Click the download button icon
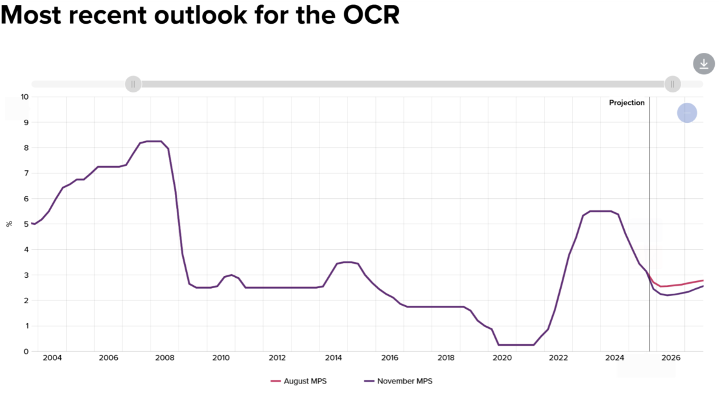point(704,64)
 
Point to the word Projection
point(627,103)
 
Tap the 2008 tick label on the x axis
point(165,357)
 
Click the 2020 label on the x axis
point(502,357)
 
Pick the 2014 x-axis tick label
point(333,357)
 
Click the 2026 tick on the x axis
point(671,357)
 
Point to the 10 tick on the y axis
point(24,97)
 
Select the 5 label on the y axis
point(26,224)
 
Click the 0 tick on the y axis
point(26,351)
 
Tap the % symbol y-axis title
point(9,224)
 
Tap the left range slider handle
point(133,84)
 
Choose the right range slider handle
point(672,84)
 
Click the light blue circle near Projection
point(687,112)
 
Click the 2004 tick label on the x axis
point(52,357)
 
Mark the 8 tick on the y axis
point(26,148)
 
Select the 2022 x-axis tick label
point(559,357)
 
